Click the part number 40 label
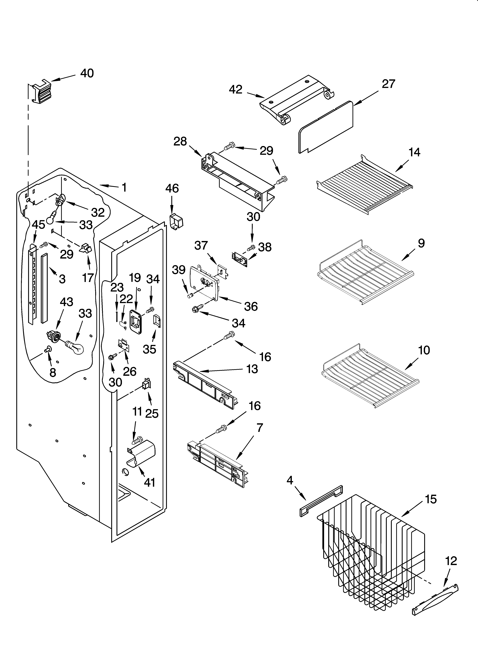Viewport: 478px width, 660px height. click(x=87, y=73)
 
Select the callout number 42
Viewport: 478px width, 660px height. click(x=236, y=89)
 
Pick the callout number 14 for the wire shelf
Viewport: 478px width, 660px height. click(x=414, y=152)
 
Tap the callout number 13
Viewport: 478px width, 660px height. click(x=252, y=369)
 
